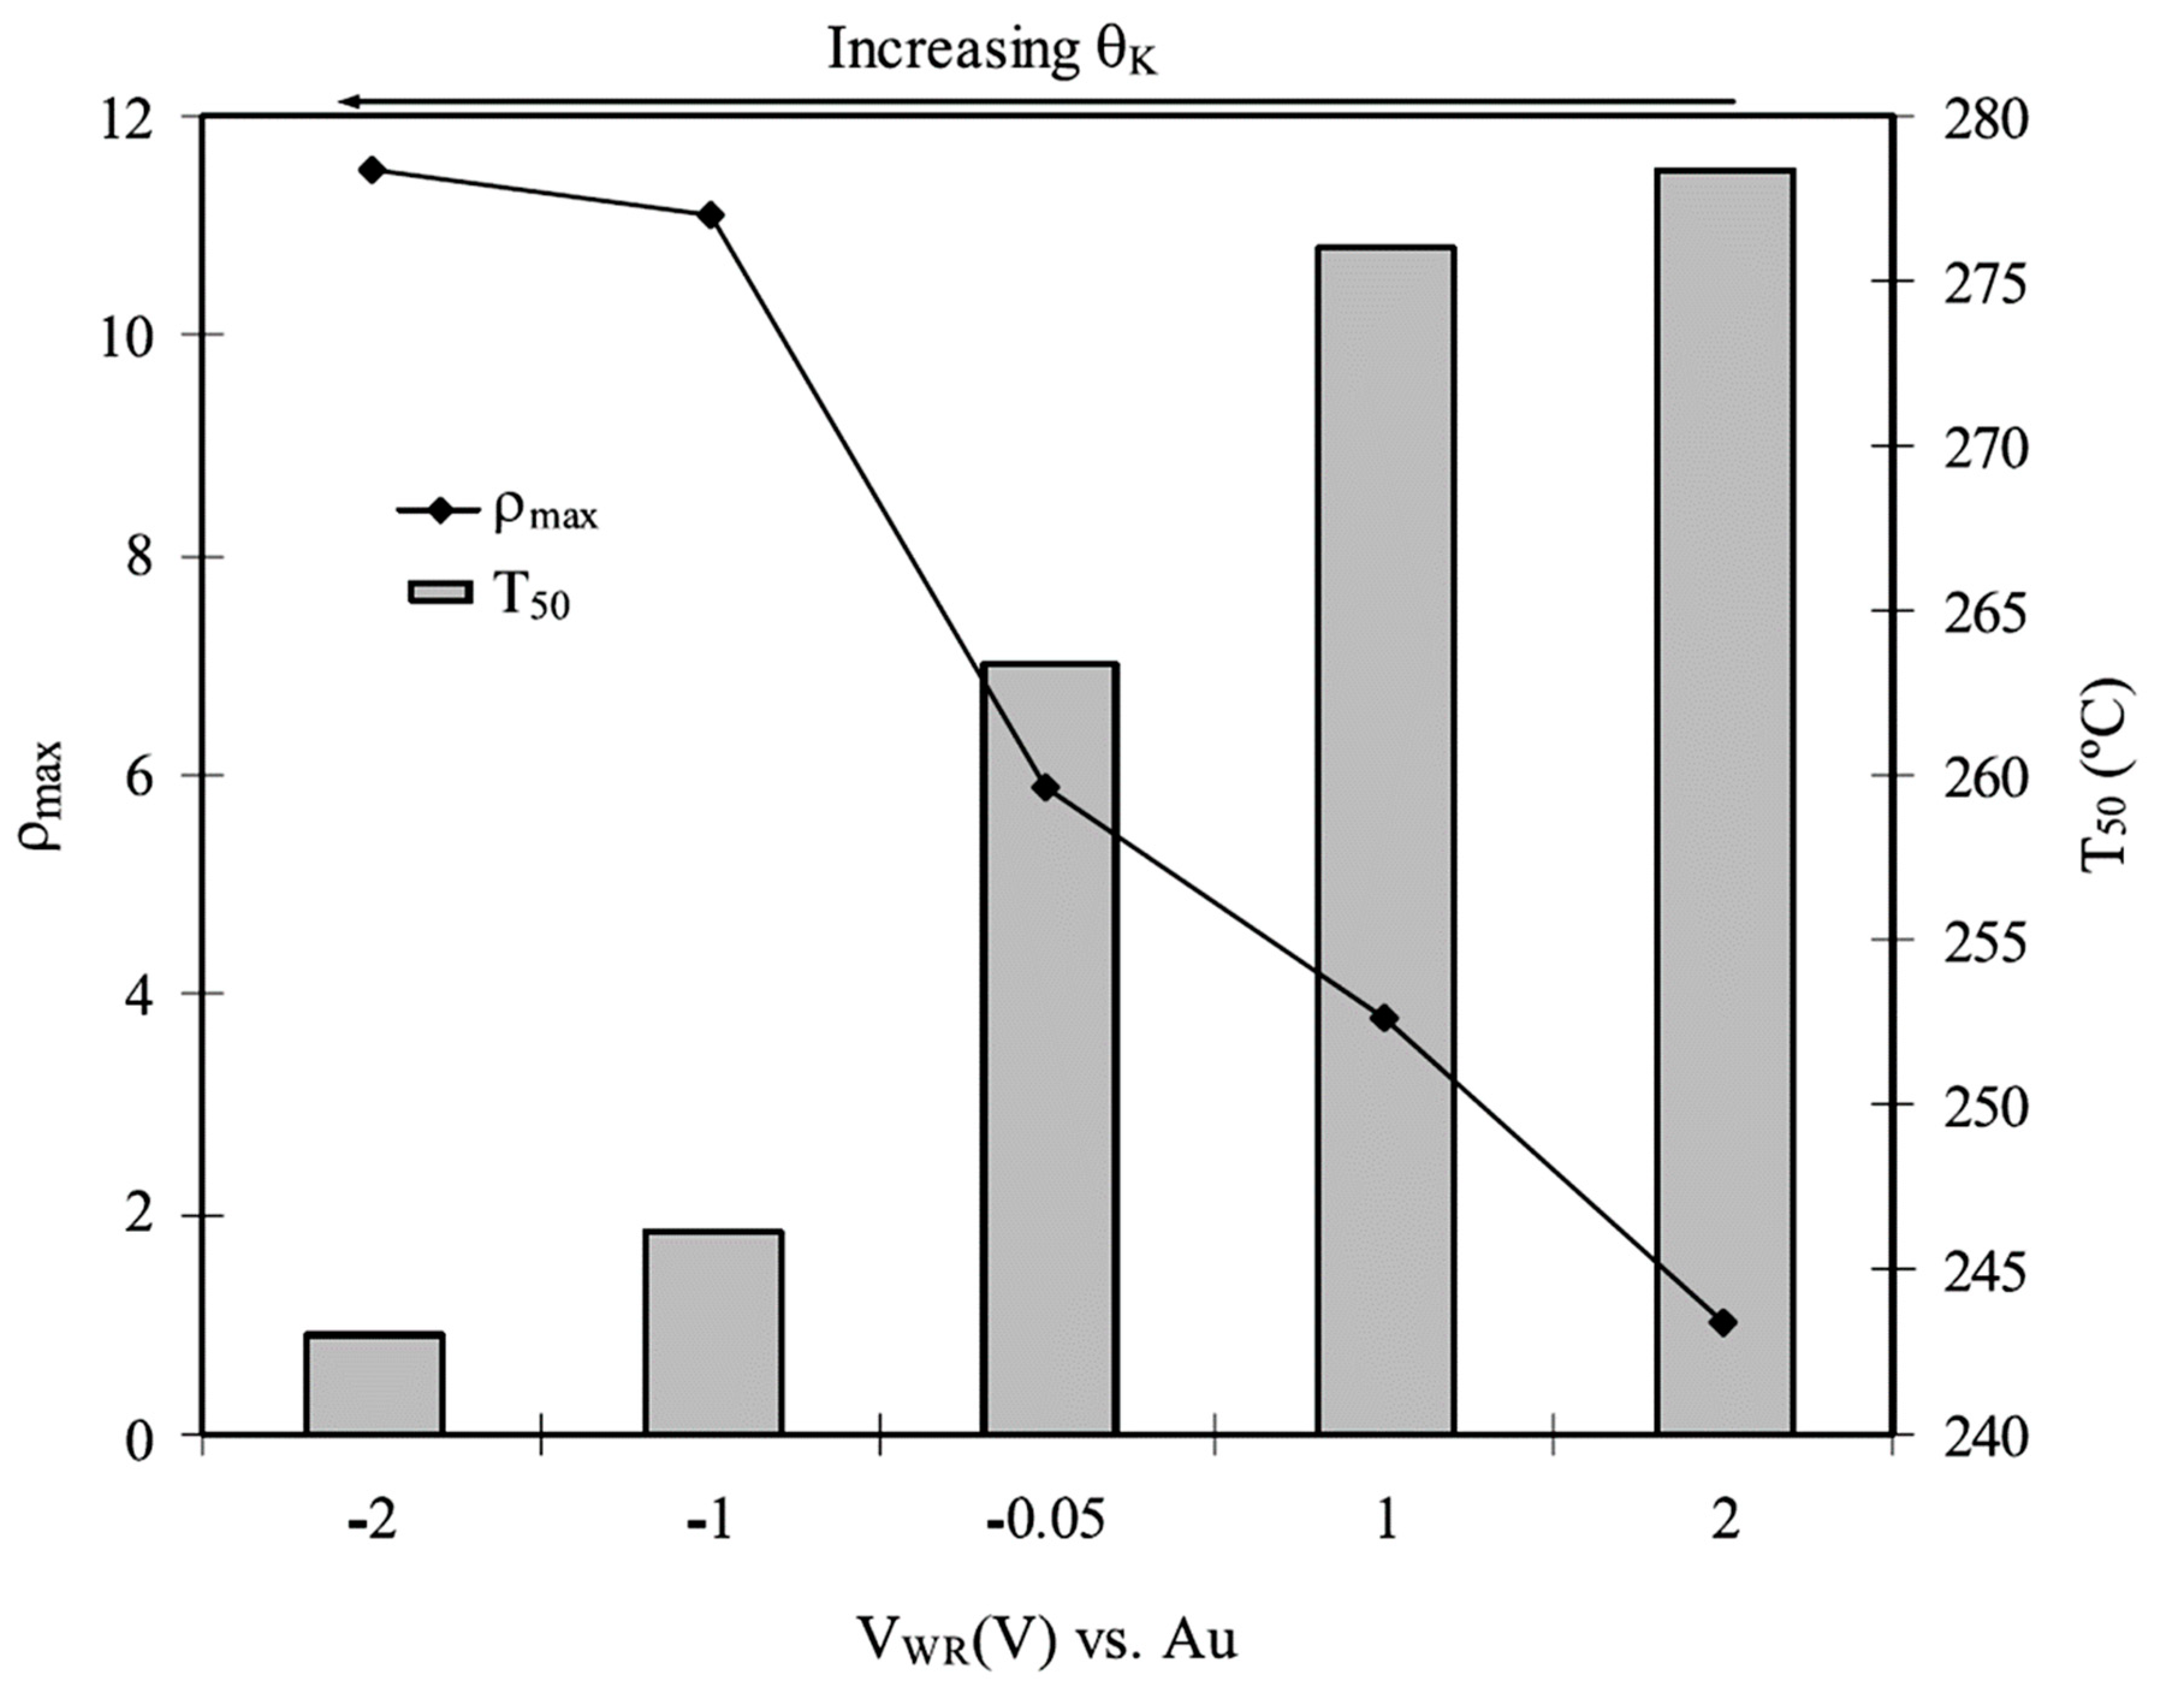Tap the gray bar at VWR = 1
[1385, 841]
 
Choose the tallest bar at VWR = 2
[1725, 801]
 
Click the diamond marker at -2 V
[372, 170]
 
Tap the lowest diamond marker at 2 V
[1723, 1322]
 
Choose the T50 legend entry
[489, 593]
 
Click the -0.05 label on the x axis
[1046, 1521]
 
